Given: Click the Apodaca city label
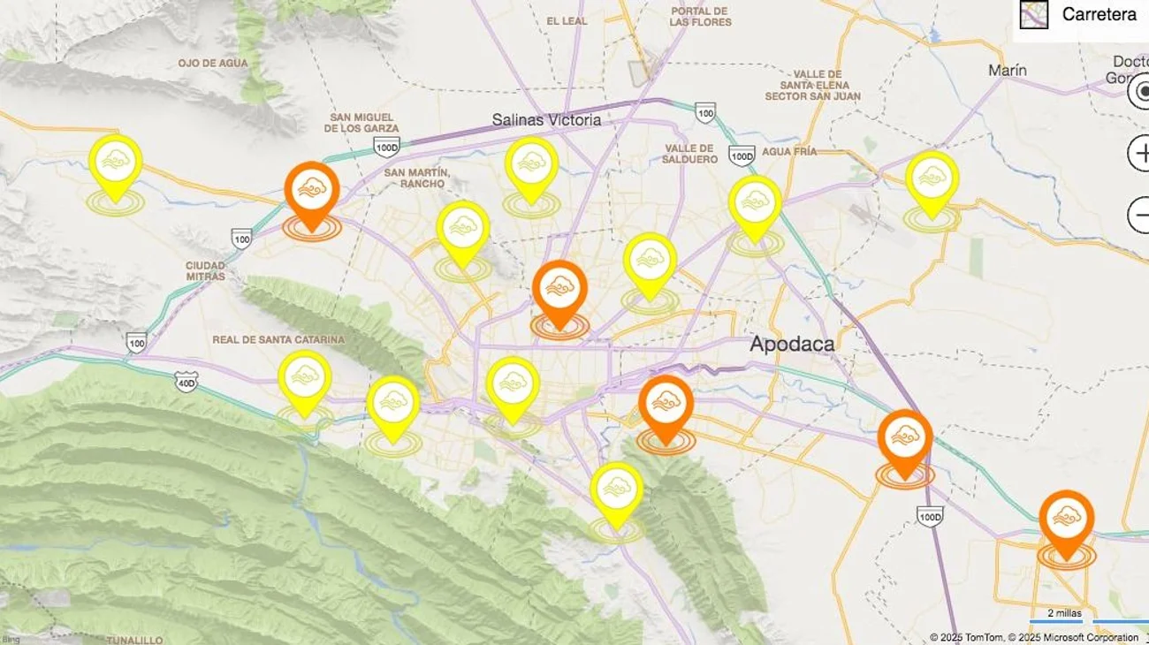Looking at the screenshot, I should [791, 344].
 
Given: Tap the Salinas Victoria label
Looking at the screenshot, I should [546, 119].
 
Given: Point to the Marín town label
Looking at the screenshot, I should [1008, 70].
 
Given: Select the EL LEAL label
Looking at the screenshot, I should [566, 21].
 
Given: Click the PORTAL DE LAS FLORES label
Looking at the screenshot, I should [700, 16].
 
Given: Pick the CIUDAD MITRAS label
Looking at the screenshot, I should [205, 270].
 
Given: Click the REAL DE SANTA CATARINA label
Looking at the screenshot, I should [278, 339].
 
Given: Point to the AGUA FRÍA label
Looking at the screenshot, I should [789, 152].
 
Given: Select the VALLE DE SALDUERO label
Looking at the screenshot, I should [689, 154].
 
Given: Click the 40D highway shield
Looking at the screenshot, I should [186, 381].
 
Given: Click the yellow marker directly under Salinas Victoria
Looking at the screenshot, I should [531, 166].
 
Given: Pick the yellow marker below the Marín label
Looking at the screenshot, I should [932, 180].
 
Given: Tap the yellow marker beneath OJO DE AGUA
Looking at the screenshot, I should [115, 163].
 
